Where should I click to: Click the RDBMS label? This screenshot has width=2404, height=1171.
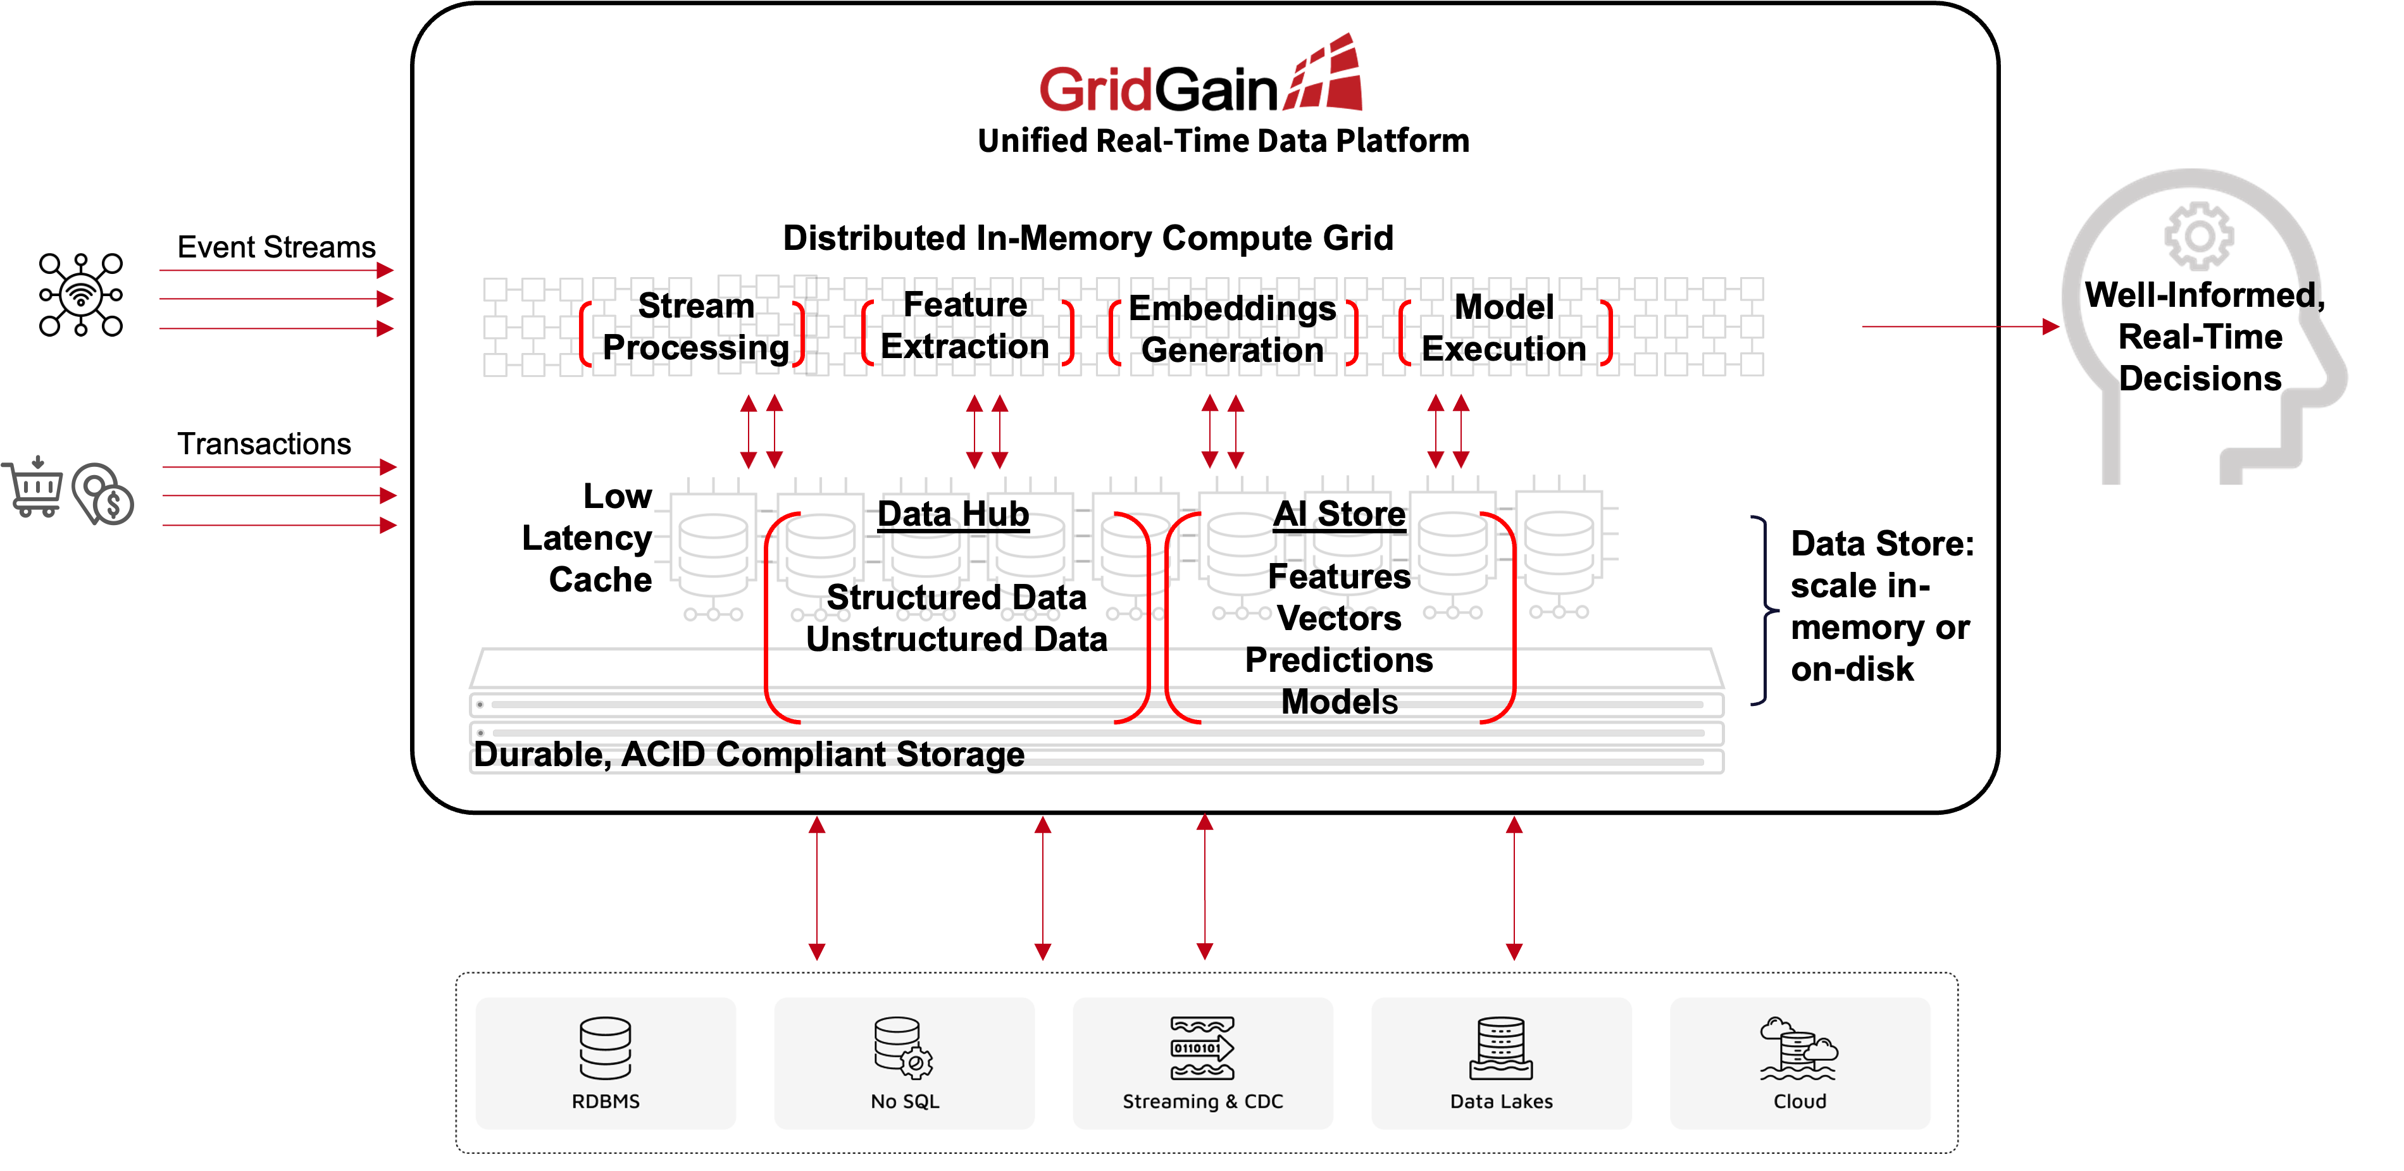[x=606, y=1101]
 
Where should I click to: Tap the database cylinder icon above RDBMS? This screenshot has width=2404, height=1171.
[x=606, y=1048]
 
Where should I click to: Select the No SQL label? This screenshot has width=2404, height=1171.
[x=904, y=1101]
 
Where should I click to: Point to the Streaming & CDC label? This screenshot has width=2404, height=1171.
[x=1202, y=1101]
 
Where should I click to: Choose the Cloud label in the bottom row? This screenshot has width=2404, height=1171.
[x=1799, y=1101]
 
